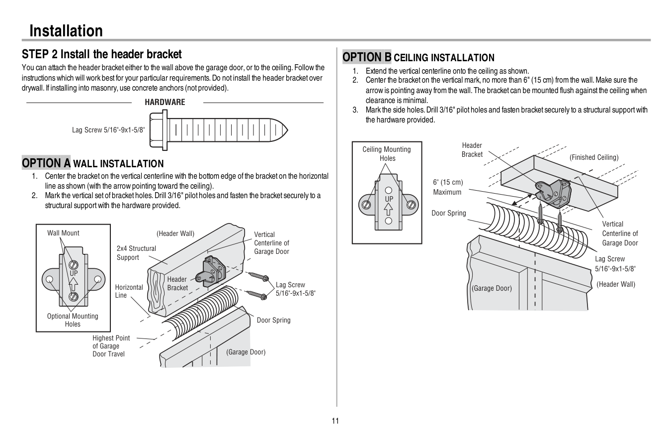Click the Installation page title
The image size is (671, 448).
pyautogui.click(x=66, y=31)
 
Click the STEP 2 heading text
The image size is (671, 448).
pyautogui.click(x=101, y=54)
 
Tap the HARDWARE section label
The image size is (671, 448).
pyautogui.click(x=165, y=103)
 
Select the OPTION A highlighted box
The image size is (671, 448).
pyautogui.click(x=46, y=163)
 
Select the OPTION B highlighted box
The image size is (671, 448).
pyautogui.click(x=367, y=57)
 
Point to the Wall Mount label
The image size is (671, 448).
pyautogui.click(x=63, y=233)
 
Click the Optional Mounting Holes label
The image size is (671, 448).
pyautogui.click(x=73, y=320)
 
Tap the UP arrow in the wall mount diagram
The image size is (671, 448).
pyautogui.click(x=74, y=284)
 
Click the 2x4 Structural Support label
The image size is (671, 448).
pyautogui.click(x=136, y=253)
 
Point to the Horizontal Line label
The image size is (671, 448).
pyautogui.click(x=129, y=291)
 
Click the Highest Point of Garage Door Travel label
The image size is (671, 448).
pyautogui.click(x=111, y=346)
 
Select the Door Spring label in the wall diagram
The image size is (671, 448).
pyautogui.click(x=273, y=320)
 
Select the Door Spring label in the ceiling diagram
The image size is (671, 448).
pyautogui.click(x=448, y=213)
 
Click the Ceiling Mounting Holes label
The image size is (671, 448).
pyautogui.click(x=387, y=154)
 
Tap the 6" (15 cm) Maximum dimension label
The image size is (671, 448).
pyautogui.click(x=447, y=187)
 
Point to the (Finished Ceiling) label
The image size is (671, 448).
pyautogui.click(x=594, y=157)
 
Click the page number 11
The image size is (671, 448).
pyautogui.click(x=335, y=421)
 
